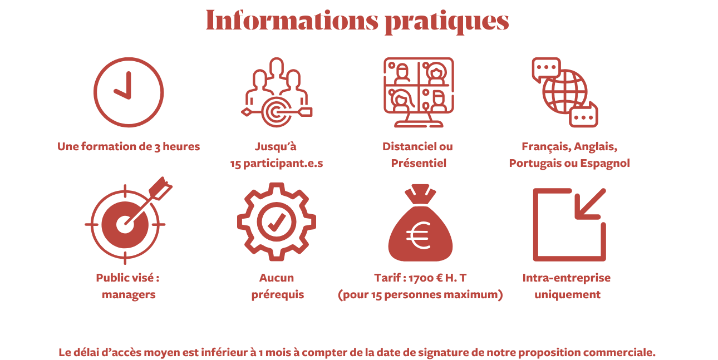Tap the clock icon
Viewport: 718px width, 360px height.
(x=129, y=92)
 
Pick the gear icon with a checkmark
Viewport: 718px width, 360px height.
(x=276, y=221)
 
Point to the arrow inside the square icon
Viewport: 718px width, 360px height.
(x=589, y=204)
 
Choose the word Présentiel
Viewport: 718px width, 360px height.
(x=419, y=164)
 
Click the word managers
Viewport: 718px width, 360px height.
(x=129, y=295)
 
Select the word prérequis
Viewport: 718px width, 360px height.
(x=277, y=295)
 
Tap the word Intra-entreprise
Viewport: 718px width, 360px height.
(x=566, y=278)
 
